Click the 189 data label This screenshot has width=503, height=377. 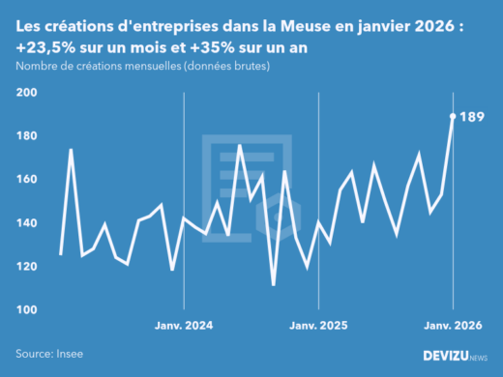pyautogui.click(x=471, y=118)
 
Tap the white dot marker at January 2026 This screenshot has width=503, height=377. pyautogui.click(x=454, y=117)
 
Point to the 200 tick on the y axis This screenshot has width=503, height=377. pyautogui.click(x=26, y=93)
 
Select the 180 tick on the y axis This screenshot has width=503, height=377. pyautogui.click(x=26, y=136)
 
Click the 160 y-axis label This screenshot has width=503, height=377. pyautogui.click(x=26, y=180)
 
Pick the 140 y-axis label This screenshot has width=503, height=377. pyautogui.click(x=26, y=223)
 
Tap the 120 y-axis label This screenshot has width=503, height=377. pyautogui.click(x=26, y=267)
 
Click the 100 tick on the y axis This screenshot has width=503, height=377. pyautogui.click(x=26, y=310)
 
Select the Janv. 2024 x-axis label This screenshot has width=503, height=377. pyautogui.click(x=183, y=327)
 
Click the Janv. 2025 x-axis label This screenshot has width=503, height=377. pyautogui.click(x=318, y=327)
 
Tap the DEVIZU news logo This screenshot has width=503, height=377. pyautogui.click(x=454, y=356)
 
